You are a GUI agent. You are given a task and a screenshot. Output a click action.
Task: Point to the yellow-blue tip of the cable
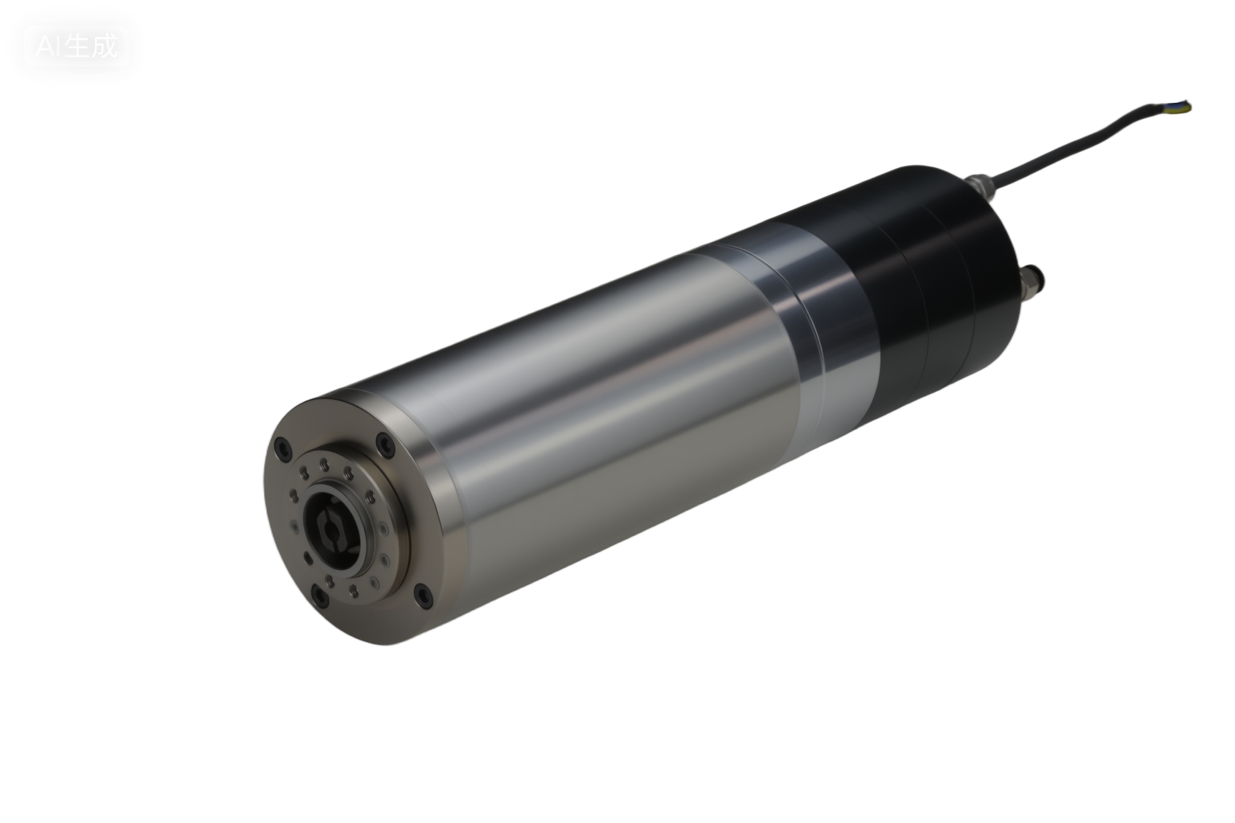1185,105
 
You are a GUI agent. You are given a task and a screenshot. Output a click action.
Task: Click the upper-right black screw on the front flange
386,442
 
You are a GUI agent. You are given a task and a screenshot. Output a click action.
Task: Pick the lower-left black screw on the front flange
320,596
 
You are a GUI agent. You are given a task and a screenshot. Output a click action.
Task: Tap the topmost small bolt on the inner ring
323,464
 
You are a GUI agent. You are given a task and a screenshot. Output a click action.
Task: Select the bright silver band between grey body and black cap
820,321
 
